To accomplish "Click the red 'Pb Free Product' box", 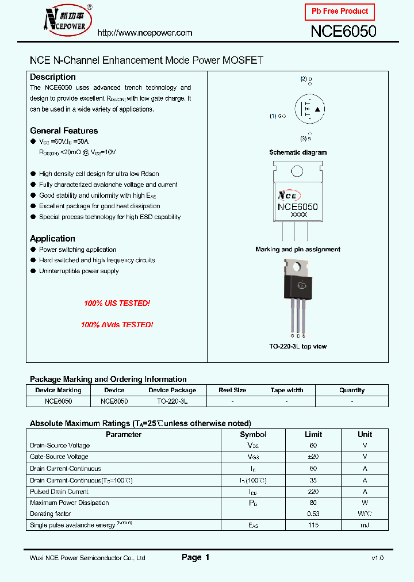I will point(340,12).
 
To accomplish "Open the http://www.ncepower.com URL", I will point(145,33).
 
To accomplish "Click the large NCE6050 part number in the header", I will point(343,32).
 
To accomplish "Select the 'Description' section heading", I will point(53,77).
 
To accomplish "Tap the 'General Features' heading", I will point(64,131).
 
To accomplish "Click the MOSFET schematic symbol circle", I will point(309,109).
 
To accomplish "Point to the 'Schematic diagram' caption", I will point(298,152).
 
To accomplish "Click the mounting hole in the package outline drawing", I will point(297,171).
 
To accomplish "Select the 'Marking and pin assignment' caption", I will point(298,250).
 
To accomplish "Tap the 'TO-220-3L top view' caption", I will point(298,346).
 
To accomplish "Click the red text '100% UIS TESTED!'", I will point(117,303).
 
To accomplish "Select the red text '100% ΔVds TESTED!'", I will point(117,325).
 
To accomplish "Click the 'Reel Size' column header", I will point(232,390).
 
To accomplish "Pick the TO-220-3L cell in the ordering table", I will point(172,401).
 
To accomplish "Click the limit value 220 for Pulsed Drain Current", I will point(313,492).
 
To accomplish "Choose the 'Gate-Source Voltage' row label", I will point(59,457).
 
